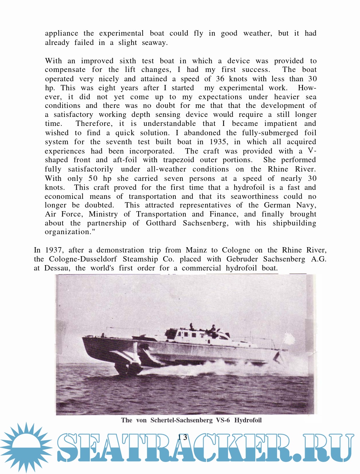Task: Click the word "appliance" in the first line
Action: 61,33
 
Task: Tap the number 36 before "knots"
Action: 220,79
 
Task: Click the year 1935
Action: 218,142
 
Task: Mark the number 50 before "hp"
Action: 93,179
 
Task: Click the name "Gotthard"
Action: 161,223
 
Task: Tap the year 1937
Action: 53,250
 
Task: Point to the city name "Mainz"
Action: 196,250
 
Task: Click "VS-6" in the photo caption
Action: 223,420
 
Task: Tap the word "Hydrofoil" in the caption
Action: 248,420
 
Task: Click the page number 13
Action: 183,437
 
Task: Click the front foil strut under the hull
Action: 123,365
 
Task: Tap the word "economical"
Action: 64,197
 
